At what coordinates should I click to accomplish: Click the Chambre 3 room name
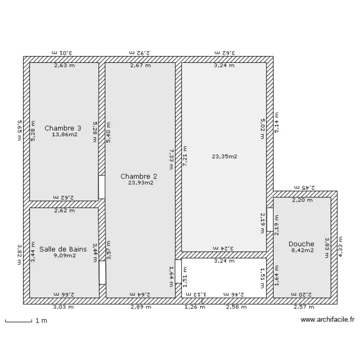tap(62, 128)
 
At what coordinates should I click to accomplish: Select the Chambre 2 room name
tap(139, 176)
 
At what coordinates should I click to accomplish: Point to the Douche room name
tap(301, 244)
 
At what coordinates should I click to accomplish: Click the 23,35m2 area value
tap(224, 156)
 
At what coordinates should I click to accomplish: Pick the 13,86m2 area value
tap(64, 135)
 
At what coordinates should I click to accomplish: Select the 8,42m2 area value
tap(302, 250)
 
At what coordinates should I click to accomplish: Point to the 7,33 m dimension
tap(171, 158)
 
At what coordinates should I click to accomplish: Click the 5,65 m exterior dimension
tap(19, 130)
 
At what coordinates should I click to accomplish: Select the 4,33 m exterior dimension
tap(340, 247)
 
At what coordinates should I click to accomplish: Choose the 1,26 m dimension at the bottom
tap(194, 307)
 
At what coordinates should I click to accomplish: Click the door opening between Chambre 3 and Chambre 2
tap(102, 187)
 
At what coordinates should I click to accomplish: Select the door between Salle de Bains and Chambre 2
tap(102, 273)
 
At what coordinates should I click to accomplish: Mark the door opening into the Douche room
tap(270, 220)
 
